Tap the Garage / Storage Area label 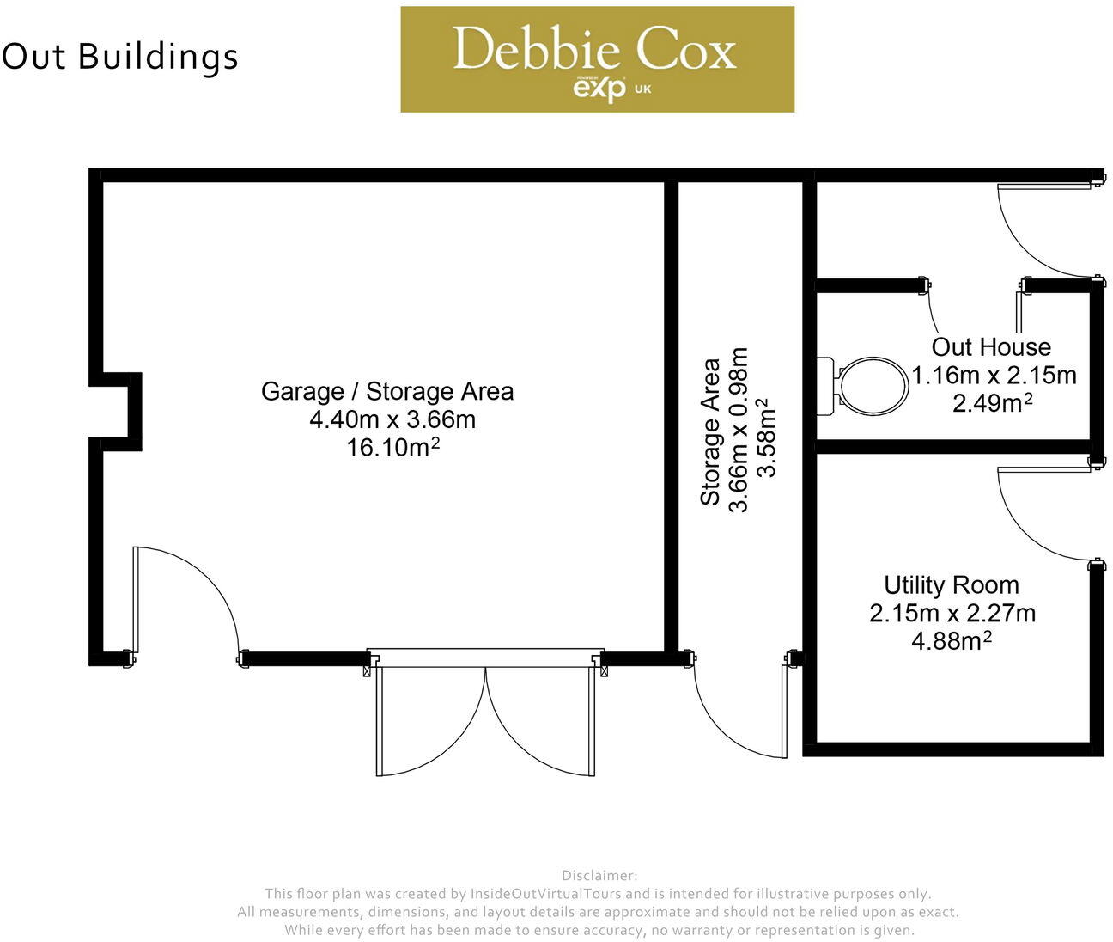click(x=387, y=391)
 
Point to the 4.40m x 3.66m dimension click(x=392, y=419)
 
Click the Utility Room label click(x=952, y=585)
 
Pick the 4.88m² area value click(x=952, y=641)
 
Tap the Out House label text click(x=991, y=347)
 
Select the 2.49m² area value click(x=992, y=402)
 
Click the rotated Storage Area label click(x=711, y=431)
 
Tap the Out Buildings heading click(x=120, y=57)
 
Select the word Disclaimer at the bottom click(x=599, y=876)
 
